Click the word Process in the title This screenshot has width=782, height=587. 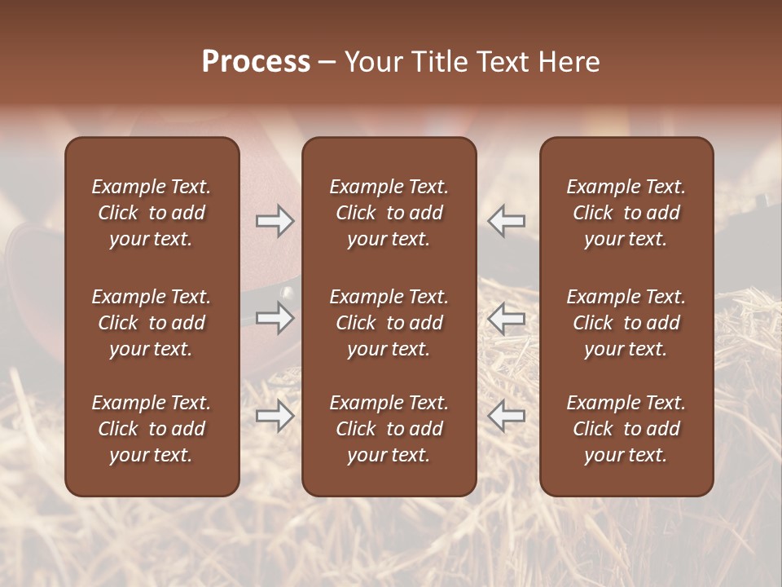(256, 62)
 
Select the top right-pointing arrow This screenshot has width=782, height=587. (275, 221)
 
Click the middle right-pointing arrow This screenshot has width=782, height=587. (275, 318)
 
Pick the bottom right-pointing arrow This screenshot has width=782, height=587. (275, 416)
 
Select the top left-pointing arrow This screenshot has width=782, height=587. (506, 221)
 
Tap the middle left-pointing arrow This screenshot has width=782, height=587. (506, 318)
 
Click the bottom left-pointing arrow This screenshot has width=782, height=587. (506, 416)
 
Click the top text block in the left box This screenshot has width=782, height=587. (152, 213)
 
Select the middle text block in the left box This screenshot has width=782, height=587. (152, 323)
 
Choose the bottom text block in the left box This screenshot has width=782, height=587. (152, 429)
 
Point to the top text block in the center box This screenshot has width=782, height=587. (389, 213)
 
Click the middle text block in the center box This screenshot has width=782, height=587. (389, 323)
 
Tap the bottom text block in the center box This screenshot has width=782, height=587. (389, 429)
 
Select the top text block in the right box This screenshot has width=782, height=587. (626, 213)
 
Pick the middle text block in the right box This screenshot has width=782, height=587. (626, 323)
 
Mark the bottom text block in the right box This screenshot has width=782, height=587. (626, 429)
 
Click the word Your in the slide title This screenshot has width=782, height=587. (373, 62)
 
